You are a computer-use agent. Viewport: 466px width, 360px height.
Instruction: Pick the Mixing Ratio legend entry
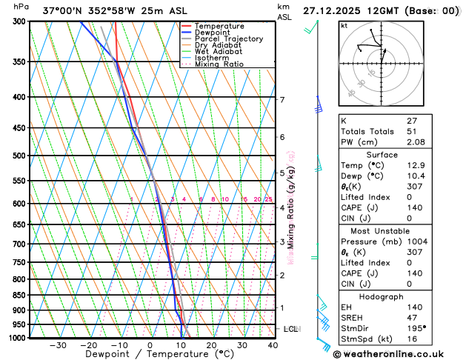(219, 64)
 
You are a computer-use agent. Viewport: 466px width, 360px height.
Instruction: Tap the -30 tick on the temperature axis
(58, 345)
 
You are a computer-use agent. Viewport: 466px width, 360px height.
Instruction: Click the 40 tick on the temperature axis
(273, 345)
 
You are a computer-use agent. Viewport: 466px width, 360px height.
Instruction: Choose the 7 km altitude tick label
(282, 100)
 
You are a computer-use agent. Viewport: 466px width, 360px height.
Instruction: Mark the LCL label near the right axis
(290, 329)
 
